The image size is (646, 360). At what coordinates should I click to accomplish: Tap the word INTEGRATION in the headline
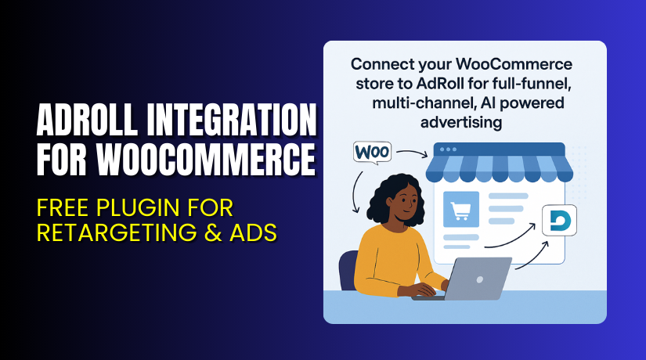point(234,124)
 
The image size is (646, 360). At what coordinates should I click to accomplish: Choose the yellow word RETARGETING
point(110,232)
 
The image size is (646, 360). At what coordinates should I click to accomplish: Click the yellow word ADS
point(248,232)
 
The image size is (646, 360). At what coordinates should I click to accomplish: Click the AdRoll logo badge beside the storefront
point(558,221)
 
